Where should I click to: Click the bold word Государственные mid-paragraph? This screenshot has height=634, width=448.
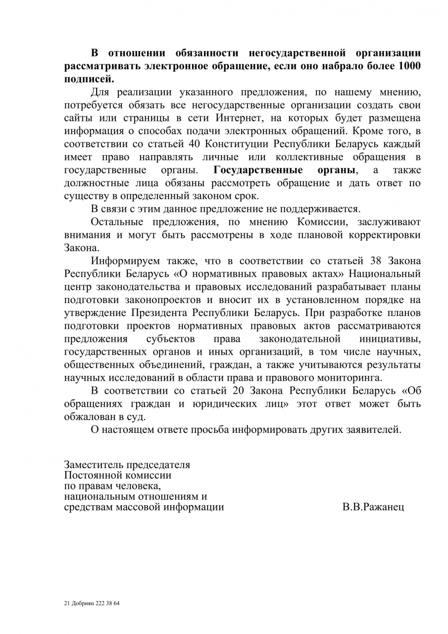point(258,170)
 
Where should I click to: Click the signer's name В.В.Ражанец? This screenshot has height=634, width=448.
point(373,507)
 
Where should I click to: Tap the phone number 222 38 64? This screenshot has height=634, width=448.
point(111,604)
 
